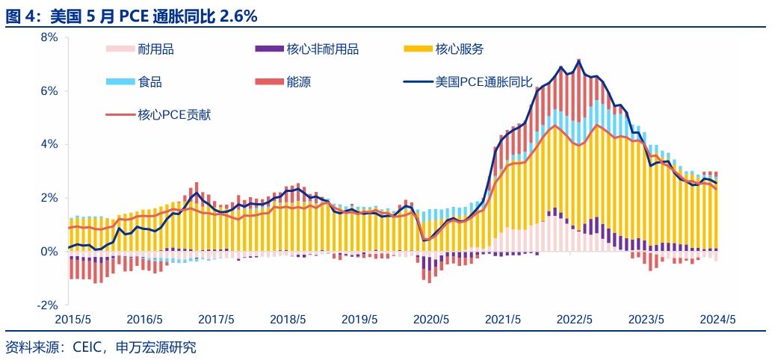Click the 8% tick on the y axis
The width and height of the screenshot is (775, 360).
(48, 37)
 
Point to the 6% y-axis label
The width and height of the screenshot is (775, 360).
(48, 91)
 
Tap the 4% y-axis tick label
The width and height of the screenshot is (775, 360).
(48, 144)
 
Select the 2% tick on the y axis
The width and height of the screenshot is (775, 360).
(48, 198)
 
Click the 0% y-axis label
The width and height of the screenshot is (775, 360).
(48, 252)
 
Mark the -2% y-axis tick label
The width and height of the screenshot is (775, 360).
(46, 305)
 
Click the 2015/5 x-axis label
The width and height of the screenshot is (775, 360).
(72, 319)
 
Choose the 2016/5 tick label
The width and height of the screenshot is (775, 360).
(144, 319)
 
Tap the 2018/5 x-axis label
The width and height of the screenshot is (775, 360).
(288, 319)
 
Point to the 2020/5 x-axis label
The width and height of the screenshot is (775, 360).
(431, 319)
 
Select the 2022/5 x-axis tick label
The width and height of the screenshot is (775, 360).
(575, 319)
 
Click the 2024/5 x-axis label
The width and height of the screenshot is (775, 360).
(718, 319)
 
